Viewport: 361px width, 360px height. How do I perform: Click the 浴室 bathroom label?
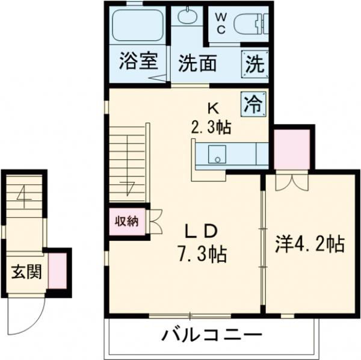138,61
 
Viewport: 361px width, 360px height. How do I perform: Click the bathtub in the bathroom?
138,26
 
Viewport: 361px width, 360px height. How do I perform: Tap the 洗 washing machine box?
253,63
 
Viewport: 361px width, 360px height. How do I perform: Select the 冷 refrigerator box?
253,104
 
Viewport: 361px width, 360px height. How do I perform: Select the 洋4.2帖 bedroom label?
309,244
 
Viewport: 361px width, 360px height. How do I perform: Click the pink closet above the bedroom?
291,148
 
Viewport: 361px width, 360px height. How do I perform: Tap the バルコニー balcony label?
211,335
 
